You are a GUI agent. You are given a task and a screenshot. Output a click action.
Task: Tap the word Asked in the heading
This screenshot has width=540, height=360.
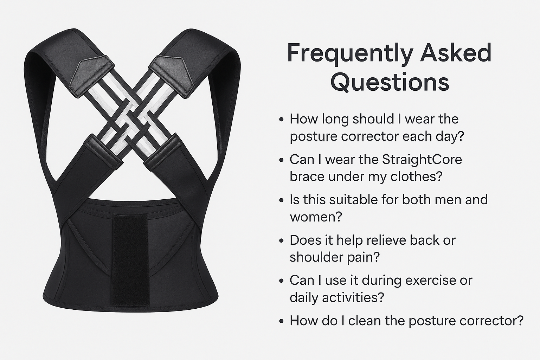coord(455,52)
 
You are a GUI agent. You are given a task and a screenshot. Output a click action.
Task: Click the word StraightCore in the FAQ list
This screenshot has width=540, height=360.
coord(422,160)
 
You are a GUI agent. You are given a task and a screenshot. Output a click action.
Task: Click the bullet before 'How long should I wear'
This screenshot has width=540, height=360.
coord(281,120)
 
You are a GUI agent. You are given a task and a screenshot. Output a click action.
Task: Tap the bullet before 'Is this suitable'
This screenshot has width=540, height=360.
coord(281,200)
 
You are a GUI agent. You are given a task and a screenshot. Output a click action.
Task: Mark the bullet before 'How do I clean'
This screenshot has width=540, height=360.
coord(281,321)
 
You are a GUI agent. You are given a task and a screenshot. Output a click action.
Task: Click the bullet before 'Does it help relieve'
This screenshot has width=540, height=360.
coord(281,240)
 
